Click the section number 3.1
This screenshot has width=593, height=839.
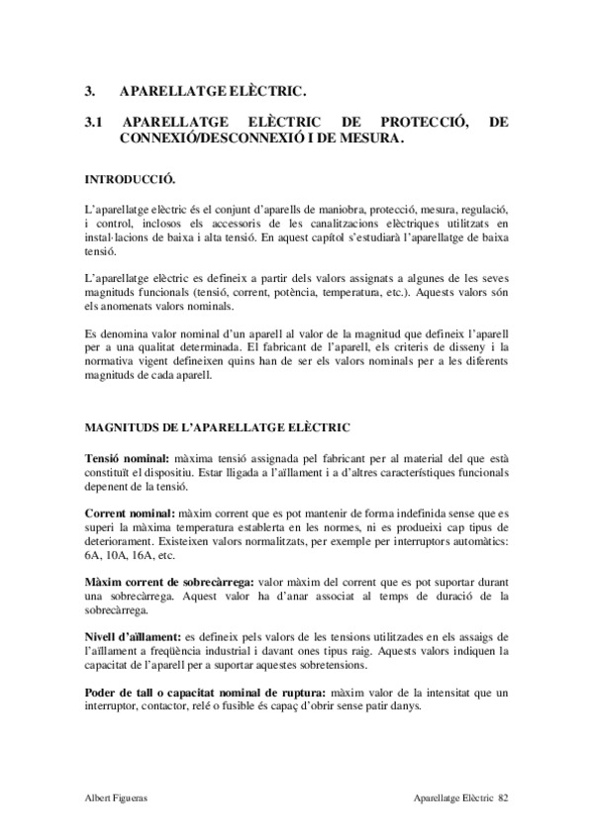pos(94,123)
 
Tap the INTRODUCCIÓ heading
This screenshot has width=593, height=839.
pos(130,181)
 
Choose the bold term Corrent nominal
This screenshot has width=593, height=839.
pos(129,514)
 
